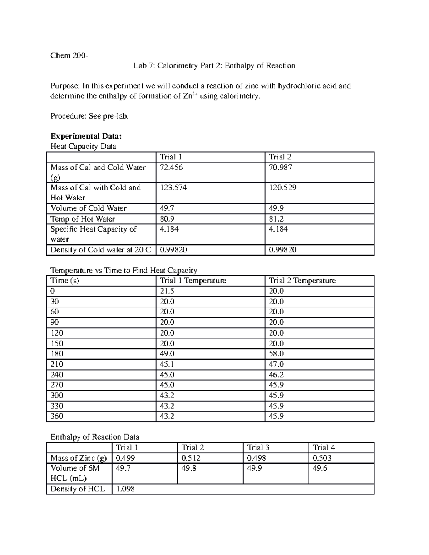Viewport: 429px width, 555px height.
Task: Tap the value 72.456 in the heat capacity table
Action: coord(171,168)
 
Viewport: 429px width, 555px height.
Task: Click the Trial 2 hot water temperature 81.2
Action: coord(276,219)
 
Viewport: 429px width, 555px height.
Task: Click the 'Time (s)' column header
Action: coord(65,281)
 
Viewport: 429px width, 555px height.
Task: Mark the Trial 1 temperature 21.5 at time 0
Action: coord(167,291)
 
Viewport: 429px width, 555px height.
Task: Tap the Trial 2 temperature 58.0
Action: coord(276,354)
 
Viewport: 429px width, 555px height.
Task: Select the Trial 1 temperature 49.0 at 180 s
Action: coord(167,354)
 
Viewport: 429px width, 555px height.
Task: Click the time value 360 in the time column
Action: coord(57,416)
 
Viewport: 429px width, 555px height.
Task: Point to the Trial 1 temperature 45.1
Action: coord(167,364)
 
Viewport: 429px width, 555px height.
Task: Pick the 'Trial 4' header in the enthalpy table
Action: coord(324,448)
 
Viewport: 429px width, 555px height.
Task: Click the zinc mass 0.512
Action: coord(191,458)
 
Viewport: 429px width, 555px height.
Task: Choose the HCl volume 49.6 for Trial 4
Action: coord(320,469)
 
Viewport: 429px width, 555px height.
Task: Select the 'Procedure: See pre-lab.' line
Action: coord(89,116)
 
